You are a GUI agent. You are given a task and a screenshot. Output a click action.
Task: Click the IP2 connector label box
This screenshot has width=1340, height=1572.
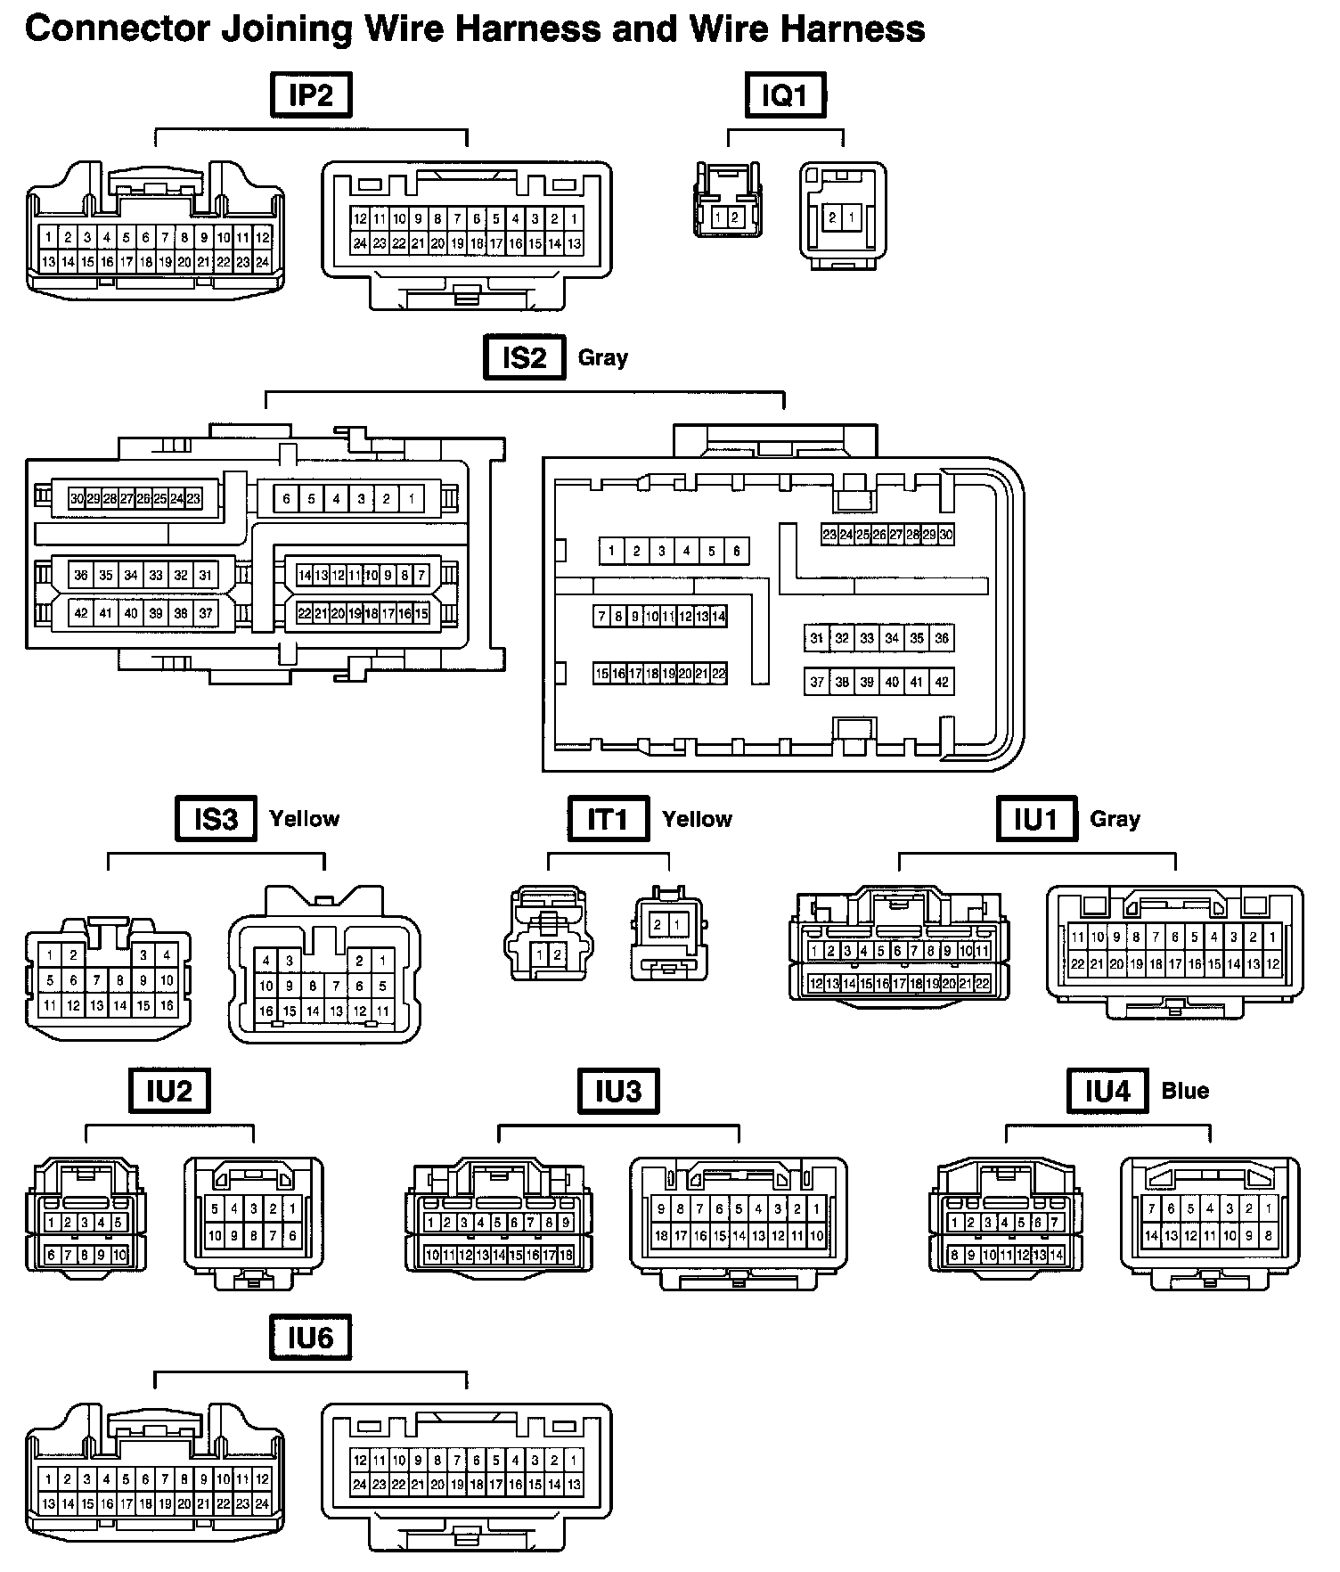point(311,95)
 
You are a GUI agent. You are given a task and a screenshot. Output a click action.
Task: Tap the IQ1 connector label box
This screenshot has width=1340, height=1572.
point(785,95)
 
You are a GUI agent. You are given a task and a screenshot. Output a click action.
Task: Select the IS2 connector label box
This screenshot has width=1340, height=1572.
point(524,356)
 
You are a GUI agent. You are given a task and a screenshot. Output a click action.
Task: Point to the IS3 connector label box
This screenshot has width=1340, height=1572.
point(216,818)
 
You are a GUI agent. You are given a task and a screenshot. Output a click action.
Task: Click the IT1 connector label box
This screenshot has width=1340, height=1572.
point(609,818)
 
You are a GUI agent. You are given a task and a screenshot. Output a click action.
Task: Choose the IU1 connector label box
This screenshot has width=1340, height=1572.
point(1036,818)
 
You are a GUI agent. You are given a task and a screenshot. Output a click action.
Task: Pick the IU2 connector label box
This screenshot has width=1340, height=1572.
point(169,1091)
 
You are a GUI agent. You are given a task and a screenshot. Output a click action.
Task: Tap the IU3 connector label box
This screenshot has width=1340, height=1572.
point(618,1091)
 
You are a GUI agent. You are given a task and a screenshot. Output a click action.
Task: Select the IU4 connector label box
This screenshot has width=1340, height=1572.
point(1107,1091)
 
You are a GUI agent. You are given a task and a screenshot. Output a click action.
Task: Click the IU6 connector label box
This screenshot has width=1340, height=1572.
point(310,1338)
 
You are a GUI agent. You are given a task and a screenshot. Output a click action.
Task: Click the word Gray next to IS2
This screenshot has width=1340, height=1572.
point(603,357)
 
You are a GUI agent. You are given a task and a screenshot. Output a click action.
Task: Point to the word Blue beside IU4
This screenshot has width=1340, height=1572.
point(1185,1091)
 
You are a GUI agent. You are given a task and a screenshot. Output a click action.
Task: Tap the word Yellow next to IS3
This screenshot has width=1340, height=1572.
point(305,818)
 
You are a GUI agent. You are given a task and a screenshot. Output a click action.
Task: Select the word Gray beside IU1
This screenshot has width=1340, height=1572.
point(1115,818)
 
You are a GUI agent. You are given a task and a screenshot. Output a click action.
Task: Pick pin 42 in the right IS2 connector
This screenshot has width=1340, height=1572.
point(942,682)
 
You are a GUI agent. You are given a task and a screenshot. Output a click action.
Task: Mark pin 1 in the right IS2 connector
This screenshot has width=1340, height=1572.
point(611,551)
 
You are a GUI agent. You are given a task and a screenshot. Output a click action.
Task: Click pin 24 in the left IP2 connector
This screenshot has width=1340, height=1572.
point(262,262)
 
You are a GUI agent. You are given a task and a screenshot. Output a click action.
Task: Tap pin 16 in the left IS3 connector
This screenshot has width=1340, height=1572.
point(167,1005)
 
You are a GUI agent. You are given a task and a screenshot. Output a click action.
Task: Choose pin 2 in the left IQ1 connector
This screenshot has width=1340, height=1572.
point(735,217)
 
